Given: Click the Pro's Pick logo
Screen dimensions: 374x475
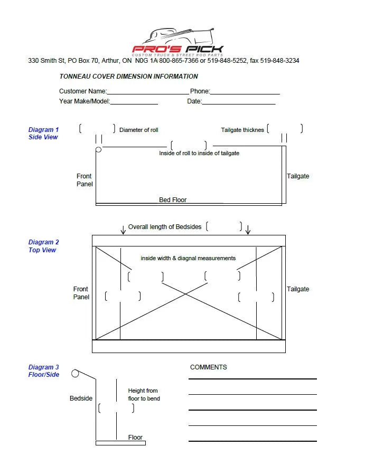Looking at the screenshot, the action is point(177,42).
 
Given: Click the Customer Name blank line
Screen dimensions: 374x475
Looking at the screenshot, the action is point(148,94).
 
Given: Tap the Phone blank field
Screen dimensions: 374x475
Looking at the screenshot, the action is point(245,94).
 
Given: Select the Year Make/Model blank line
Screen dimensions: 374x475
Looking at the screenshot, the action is point(134,104).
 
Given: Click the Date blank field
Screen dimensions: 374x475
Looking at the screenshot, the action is point(239,104).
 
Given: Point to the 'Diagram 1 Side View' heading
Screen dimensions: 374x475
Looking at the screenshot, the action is point(43,134).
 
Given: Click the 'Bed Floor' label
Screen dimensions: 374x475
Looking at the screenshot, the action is point(173,200).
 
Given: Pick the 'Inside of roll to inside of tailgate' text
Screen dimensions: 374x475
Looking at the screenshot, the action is point(199,153).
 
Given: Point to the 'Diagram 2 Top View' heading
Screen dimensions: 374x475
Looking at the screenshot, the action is point(43,246).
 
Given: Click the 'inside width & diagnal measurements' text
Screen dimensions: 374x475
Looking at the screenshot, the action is point(188,258).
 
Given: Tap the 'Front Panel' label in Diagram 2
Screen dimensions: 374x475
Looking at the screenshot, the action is point(81,293).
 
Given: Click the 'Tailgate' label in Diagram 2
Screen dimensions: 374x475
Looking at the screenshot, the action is point(298,289).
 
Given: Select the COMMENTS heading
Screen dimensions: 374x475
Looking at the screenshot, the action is point(208,367).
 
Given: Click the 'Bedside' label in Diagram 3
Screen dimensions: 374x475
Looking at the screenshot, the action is point(81,398).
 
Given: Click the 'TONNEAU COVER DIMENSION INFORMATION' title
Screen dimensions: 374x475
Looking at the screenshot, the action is point(128,77).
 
